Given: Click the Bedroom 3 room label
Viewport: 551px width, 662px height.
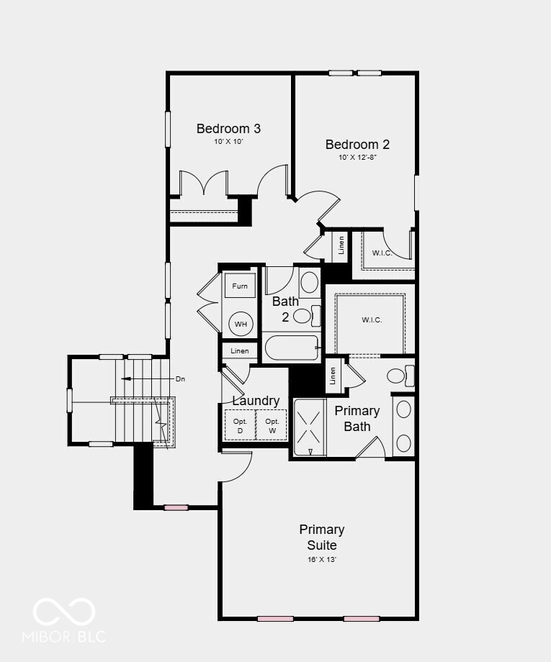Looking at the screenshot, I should pyautogui.click(x=228, y=129).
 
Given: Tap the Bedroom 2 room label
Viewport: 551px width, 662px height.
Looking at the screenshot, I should pyautogui.click(x=357, y=144).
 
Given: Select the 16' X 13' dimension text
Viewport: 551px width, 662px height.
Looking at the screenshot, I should pyautogui.click(x=322, y=559).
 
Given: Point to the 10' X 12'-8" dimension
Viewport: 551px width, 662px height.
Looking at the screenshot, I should pyautogui.click(x=357, y=158).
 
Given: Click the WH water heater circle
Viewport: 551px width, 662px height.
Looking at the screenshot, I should pyautogui.click(x=240, y=325).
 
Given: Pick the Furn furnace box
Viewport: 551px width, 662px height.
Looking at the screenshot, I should pyautogui.click(x=240, y=286).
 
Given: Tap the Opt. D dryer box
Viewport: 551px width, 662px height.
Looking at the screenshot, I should pyautogui.click(x=240, y=425).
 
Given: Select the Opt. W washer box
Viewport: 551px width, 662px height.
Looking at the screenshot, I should pyautogui.click(x=272, y=425).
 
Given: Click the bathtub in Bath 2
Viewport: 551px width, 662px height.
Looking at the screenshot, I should pyautogui.click(x=291, y=350).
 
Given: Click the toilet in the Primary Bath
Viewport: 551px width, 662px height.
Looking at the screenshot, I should pyautogui.click(x=398, y=375).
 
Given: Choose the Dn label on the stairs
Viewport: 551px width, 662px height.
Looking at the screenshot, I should pyautogui.click(x=181, y=378).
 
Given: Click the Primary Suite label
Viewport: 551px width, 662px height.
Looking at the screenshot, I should pyautogui.click(x=322, y=537).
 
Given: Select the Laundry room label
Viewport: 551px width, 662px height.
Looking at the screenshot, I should pyautogui.click(x=256, y=401).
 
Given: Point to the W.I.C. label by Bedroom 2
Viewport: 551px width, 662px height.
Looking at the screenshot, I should pyautogui.click(x=382, y=253).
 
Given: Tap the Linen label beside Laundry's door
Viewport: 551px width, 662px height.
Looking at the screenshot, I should pyautogui.click(x=240, y=351).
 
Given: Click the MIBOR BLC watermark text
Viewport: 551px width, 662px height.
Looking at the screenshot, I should pyautogui.click(x=64, y=636).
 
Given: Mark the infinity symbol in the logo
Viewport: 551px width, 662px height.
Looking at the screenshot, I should pyautogui.click(x=64, y=612).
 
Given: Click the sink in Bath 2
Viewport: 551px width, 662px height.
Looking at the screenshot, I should pyautogui.click(x=309, y=281).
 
